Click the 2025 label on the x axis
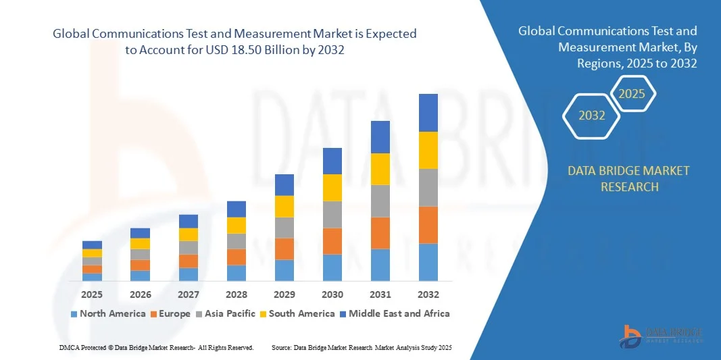pyautogui.click(x=92, y=294)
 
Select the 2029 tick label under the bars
pyautogui.click(x=284, y=294)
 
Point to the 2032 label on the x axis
pyautogui.click(x=428, y=294)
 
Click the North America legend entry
pyautogui.click(x=107, y=313)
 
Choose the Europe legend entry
pyautogui.click(x=170, y=313)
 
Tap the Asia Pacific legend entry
pyautogui.click(x=226, y=313)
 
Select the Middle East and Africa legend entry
pyautogui.click(x=394, y=313)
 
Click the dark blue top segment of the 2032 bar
pyautogui.click(x=428, y=113)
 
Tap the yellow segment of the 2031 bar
pyautogui.click(x=380, y=169)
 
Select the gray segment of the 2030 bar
pyautogui.click(x=332, y=215)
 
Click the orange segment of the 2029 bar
pyautogui.click(x=284, y=249)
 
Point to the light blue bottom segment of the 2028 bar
pyautogui.click(x=237, y=273)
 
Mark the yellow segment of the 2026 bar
pyautogui.click(x=140, y=244)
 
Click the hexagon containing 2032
pyautogui.click(x=592, y=115)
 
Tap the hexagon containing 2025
pyautogui.click(x=632, y=94)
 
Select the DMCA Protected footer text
pyautogui.click(x=155, y=347)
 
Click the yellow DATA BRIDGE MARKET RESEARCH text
pyautogui.click(x=628, y=179)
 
